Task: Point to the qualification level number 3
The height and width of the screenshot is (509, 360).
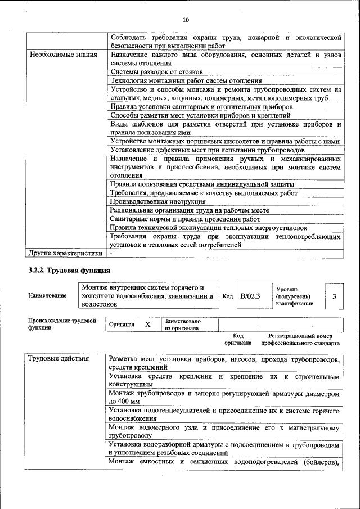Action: click(x=334, y=296)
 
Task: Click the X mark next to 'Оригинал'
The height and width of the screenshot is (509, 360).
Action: click(x=148, y=325)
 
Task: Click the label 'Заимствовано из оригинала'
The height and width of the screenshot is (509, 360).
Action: click(x=182, y=325)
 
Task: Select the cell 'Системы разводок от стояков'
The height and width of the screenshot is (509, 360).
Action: click(x=156, y=73)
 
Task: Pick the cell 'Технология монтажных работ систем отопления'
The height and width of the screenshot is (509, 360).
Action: click(x=186, y=81)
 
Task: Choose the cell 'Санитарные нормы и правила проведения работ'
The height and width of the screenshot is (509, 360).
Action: click(x=186, y=219)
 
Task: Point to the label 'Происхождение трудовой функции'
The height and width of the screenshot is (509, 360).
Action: click(x=62, y=325)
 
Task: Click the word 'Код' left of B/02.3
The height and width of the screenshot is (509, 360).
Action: click(x=228, y=296)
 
